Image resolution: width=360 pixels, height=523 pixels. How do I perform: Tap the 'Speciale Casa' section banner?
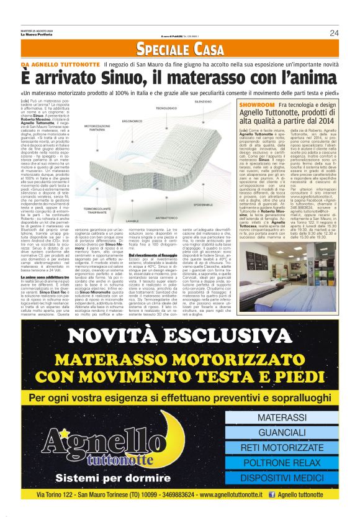click(180, 49)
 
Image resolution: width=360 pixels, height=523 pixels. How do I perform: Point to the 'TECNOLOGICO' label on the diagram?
click(166, 108)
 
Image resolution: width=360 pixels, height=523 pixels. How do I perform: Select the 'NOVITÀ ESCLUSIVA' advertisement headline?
click(180, 335)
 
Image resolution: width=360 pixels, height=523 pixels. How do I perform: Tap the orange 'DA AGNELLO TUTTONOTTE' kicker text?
click(60, 65)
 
